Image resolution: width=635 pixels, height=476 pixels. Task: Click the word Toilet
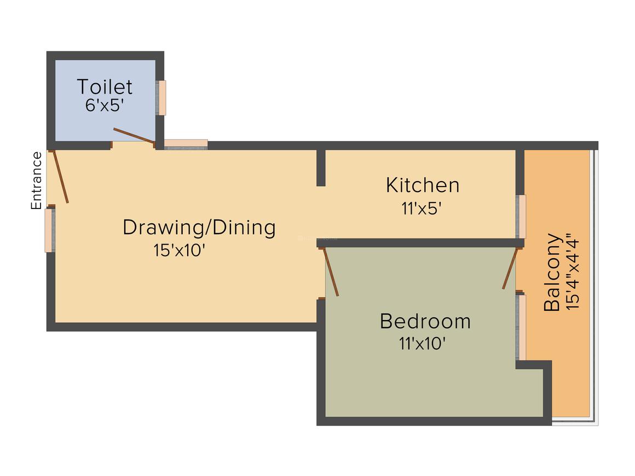[105, 86]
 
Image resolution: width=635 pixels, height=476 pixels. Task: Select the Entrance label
[37, 181]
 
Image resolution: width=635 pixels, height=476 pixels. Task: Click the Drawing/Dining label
[199, 227]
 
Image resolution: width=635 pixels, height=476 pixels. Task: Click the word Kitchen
[423, 185]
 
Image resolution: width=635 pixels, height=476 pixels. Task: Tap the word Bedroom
[425, 321]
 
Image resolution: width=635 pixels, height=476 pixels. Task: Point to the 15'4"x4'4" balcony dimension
[572, 272]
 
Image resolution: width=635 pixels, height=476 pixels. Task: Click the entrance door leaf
[60, 176]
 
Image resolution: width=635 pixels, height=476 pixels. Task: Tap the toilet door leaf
[133, 135]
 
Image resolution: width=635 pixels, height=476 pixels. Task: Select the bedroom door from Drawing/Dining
[331, 271]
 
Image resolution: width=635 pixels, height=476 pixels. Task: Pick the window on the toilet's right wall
[161, 97]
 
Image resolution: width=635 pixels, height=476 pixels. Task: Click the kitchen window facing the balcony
[522, 216]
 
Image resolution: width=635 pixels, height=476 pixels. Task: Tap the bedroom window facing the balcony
[522, 327]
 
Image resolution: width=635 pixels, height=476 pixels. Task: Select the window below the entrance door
[49, 230]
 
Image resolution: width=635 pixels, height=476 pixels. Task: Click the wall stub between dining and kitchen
[321, 167]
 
